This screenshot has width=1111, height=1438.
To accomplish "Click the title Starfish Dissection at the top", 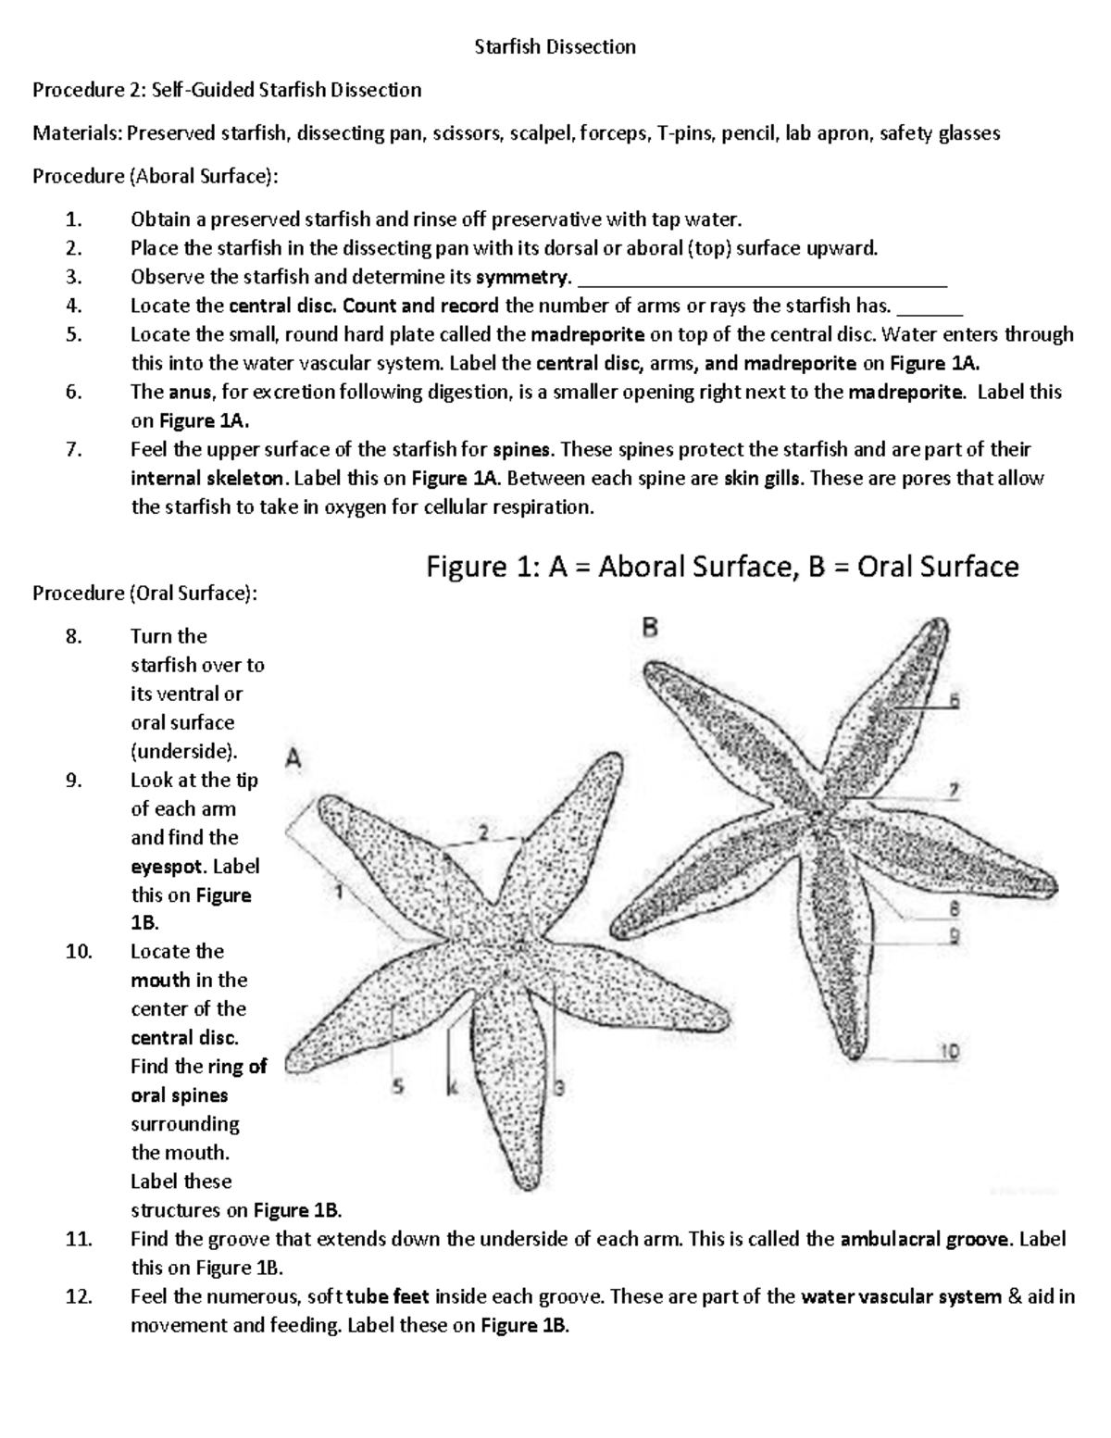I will click(555, 47).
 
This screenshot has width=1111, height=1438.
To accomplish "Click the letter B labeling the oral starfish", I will click(650, 629).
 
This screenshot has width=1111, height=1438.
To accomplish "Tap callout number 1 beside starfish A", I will click(338, 892).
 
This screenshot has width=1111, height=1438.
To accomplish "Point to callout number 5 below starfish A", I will click(398, 1088).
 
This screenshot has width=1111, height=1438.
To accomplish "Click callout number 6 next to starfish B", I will click(955, 701).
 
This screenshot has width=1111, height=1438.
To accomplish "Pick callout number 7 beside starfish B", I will click(953, 790).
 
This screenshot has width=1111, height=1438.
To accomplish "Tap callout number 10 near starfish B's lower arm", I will click(950, 1051).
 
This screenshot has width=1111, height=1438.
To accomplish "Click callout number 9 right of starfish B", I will click(953, 936).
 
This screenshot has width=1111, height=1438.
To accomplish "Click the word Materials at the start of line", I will click(76, 133).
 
